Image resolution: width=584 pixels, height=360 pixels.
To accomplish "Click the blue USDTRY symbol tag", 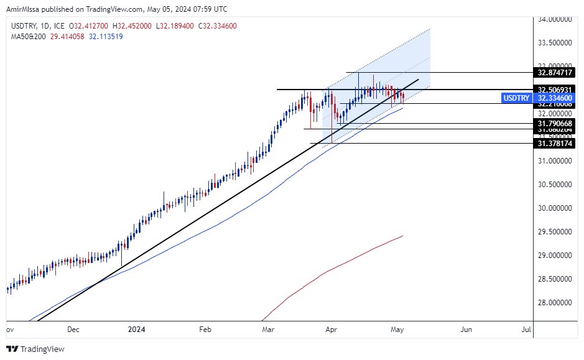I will (x=516, y=98).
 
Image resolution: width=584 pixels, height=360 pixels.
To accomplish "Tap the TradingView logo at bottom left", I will (x=35, y=349).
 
